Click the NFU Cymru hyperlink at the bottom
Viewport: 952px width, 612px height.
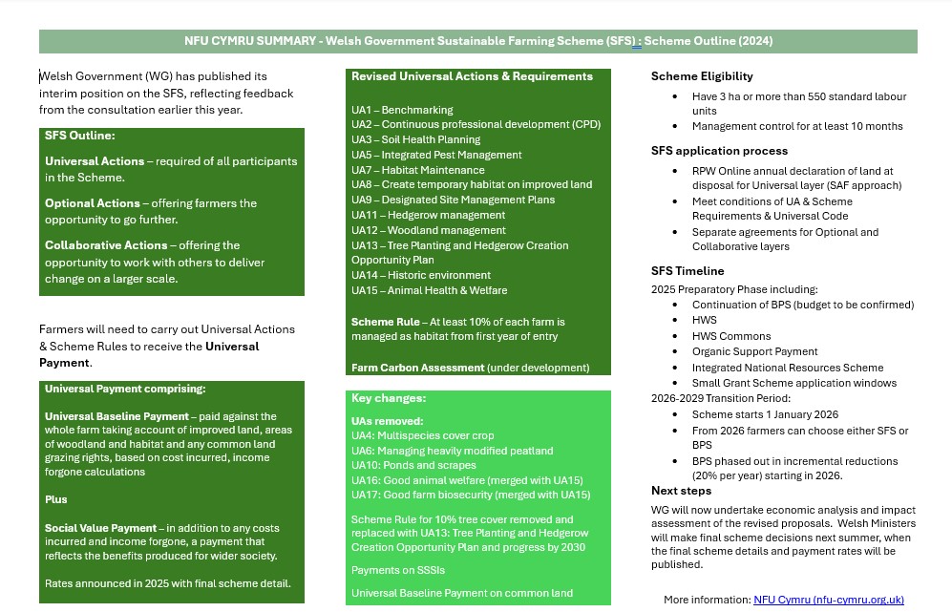(828, 600)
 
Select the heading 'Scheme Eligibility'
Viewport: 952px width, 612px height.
(702, 76)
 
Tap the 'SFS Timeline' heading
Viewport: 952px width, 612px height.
(688, 271)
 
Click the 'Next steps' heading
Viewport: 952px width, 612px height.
(681, 491)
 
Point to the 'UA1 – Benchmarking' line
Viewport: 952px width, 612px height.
(402, 110)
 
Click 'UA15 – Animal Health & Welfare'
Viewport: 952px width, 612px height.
(429, 290)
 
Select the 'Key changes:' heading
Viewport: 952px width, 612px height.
(389, 398)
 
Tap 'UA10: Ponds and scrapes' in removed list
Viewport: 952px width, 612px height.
(413, 465)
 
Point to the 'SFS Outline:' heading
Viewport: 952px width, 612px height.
(80, 136)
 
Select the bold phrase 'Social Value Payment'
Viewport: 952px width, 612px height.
(100, 528)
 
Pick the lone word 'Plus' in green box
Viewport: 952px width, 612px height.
(56, 499)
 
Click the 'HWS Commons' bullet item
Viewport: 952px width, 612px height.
(731, 336)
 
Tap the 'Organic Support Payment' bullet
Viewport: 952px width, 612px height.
(754, 351)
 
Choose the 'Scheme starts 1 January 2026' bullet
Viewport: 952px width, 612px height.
(765, 414)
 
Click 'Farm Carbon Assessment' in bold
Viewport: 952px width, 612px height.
(417, 368)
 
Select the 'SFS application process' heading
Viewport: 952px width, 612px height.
(719, 151)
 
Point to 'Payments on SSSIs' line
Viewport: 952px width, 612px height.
(397, 570)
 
